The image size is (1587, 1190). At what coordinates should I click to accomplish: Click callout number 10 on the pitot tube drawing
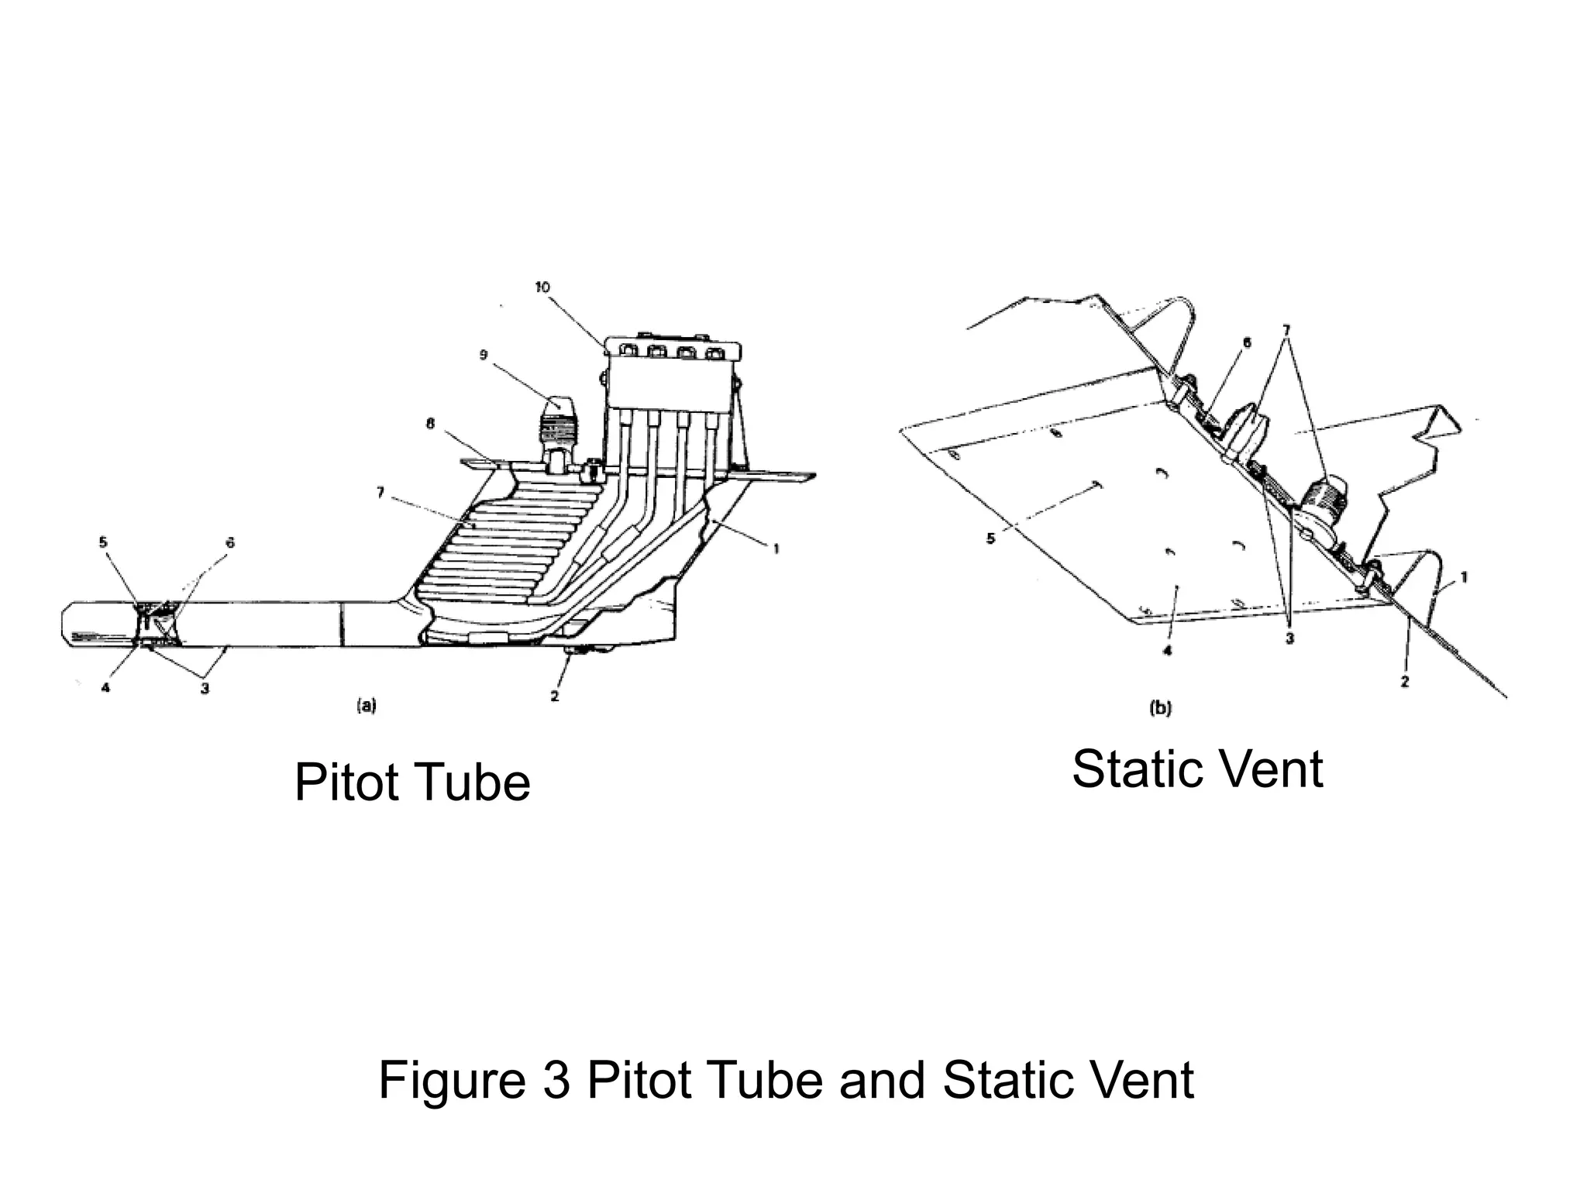point(542,287)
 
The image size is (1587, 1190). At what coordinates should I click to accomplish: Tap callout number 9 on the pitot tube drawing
point(484,355)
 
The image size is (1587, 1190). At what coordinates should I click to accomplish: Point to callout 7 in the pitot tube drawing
point(380,492)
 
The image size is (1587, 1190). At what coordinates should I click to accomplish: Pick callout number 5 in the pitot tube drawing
point(103,542)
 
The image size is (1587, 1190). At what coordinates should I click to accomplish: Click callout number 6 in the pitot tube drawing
point(229,543)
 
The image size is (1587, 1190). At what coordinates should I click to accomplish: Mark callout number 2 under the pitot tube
point(555,696)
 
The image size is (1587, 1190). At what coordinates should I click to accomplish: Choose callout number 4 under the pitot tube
point(105,687)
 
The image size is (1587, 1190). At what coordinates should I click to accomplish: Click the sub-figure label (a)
point(366,706)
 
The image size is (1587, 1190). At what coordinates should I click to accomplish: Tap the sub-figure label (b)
point(1159,708)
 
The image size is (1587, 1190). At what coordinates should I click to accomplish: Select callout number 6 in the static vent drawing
point(1246,342)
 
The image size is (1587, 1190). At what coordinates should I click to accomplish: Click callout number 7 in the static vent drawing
point(1286,329)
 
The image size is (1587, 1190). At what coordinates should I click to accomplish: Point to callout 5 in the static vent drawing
point(990,538)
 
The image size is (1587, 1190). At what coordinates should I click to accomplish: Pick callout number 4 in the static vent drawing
point(1167,650)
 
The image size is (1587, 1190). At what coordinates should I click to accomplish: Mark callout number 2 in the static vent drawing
point(1405,682)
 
